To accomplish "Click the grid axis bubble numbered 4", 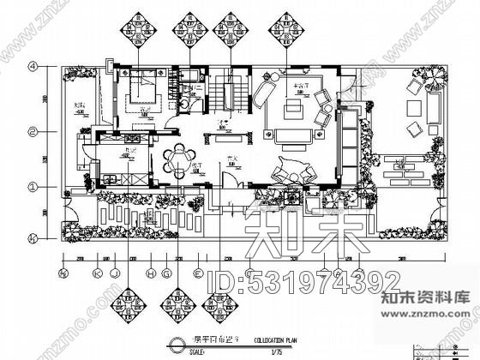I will (33, 66).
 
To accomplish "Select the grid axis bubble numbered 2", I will (33, 132).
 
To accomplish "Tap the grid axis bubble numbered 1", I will (33, 185).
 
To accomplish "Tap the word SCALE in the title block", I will (196, 350).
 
